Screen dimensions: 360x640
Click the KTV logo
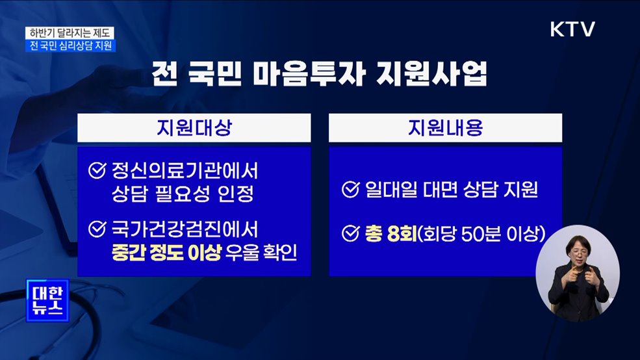(572, 30)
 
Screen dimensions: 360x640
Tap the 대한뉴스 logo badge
(47, 300)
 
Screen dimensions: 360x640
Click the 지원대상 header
(194, 129)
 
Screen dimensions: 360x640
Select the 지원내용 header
(445, 129)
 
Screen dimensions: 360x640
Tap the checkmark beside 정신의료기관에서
(97, 172)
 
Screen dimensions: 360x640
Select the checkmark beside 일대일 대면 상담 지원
(350, 190)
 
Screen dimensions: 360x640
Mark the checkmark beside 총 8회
(350, 232)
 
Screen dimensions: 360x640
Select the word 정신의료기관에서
(185, 172)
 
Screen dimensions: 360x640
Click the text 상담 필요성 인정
(180, 194)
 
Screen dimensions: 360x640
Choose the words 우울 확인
(261, 252)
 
